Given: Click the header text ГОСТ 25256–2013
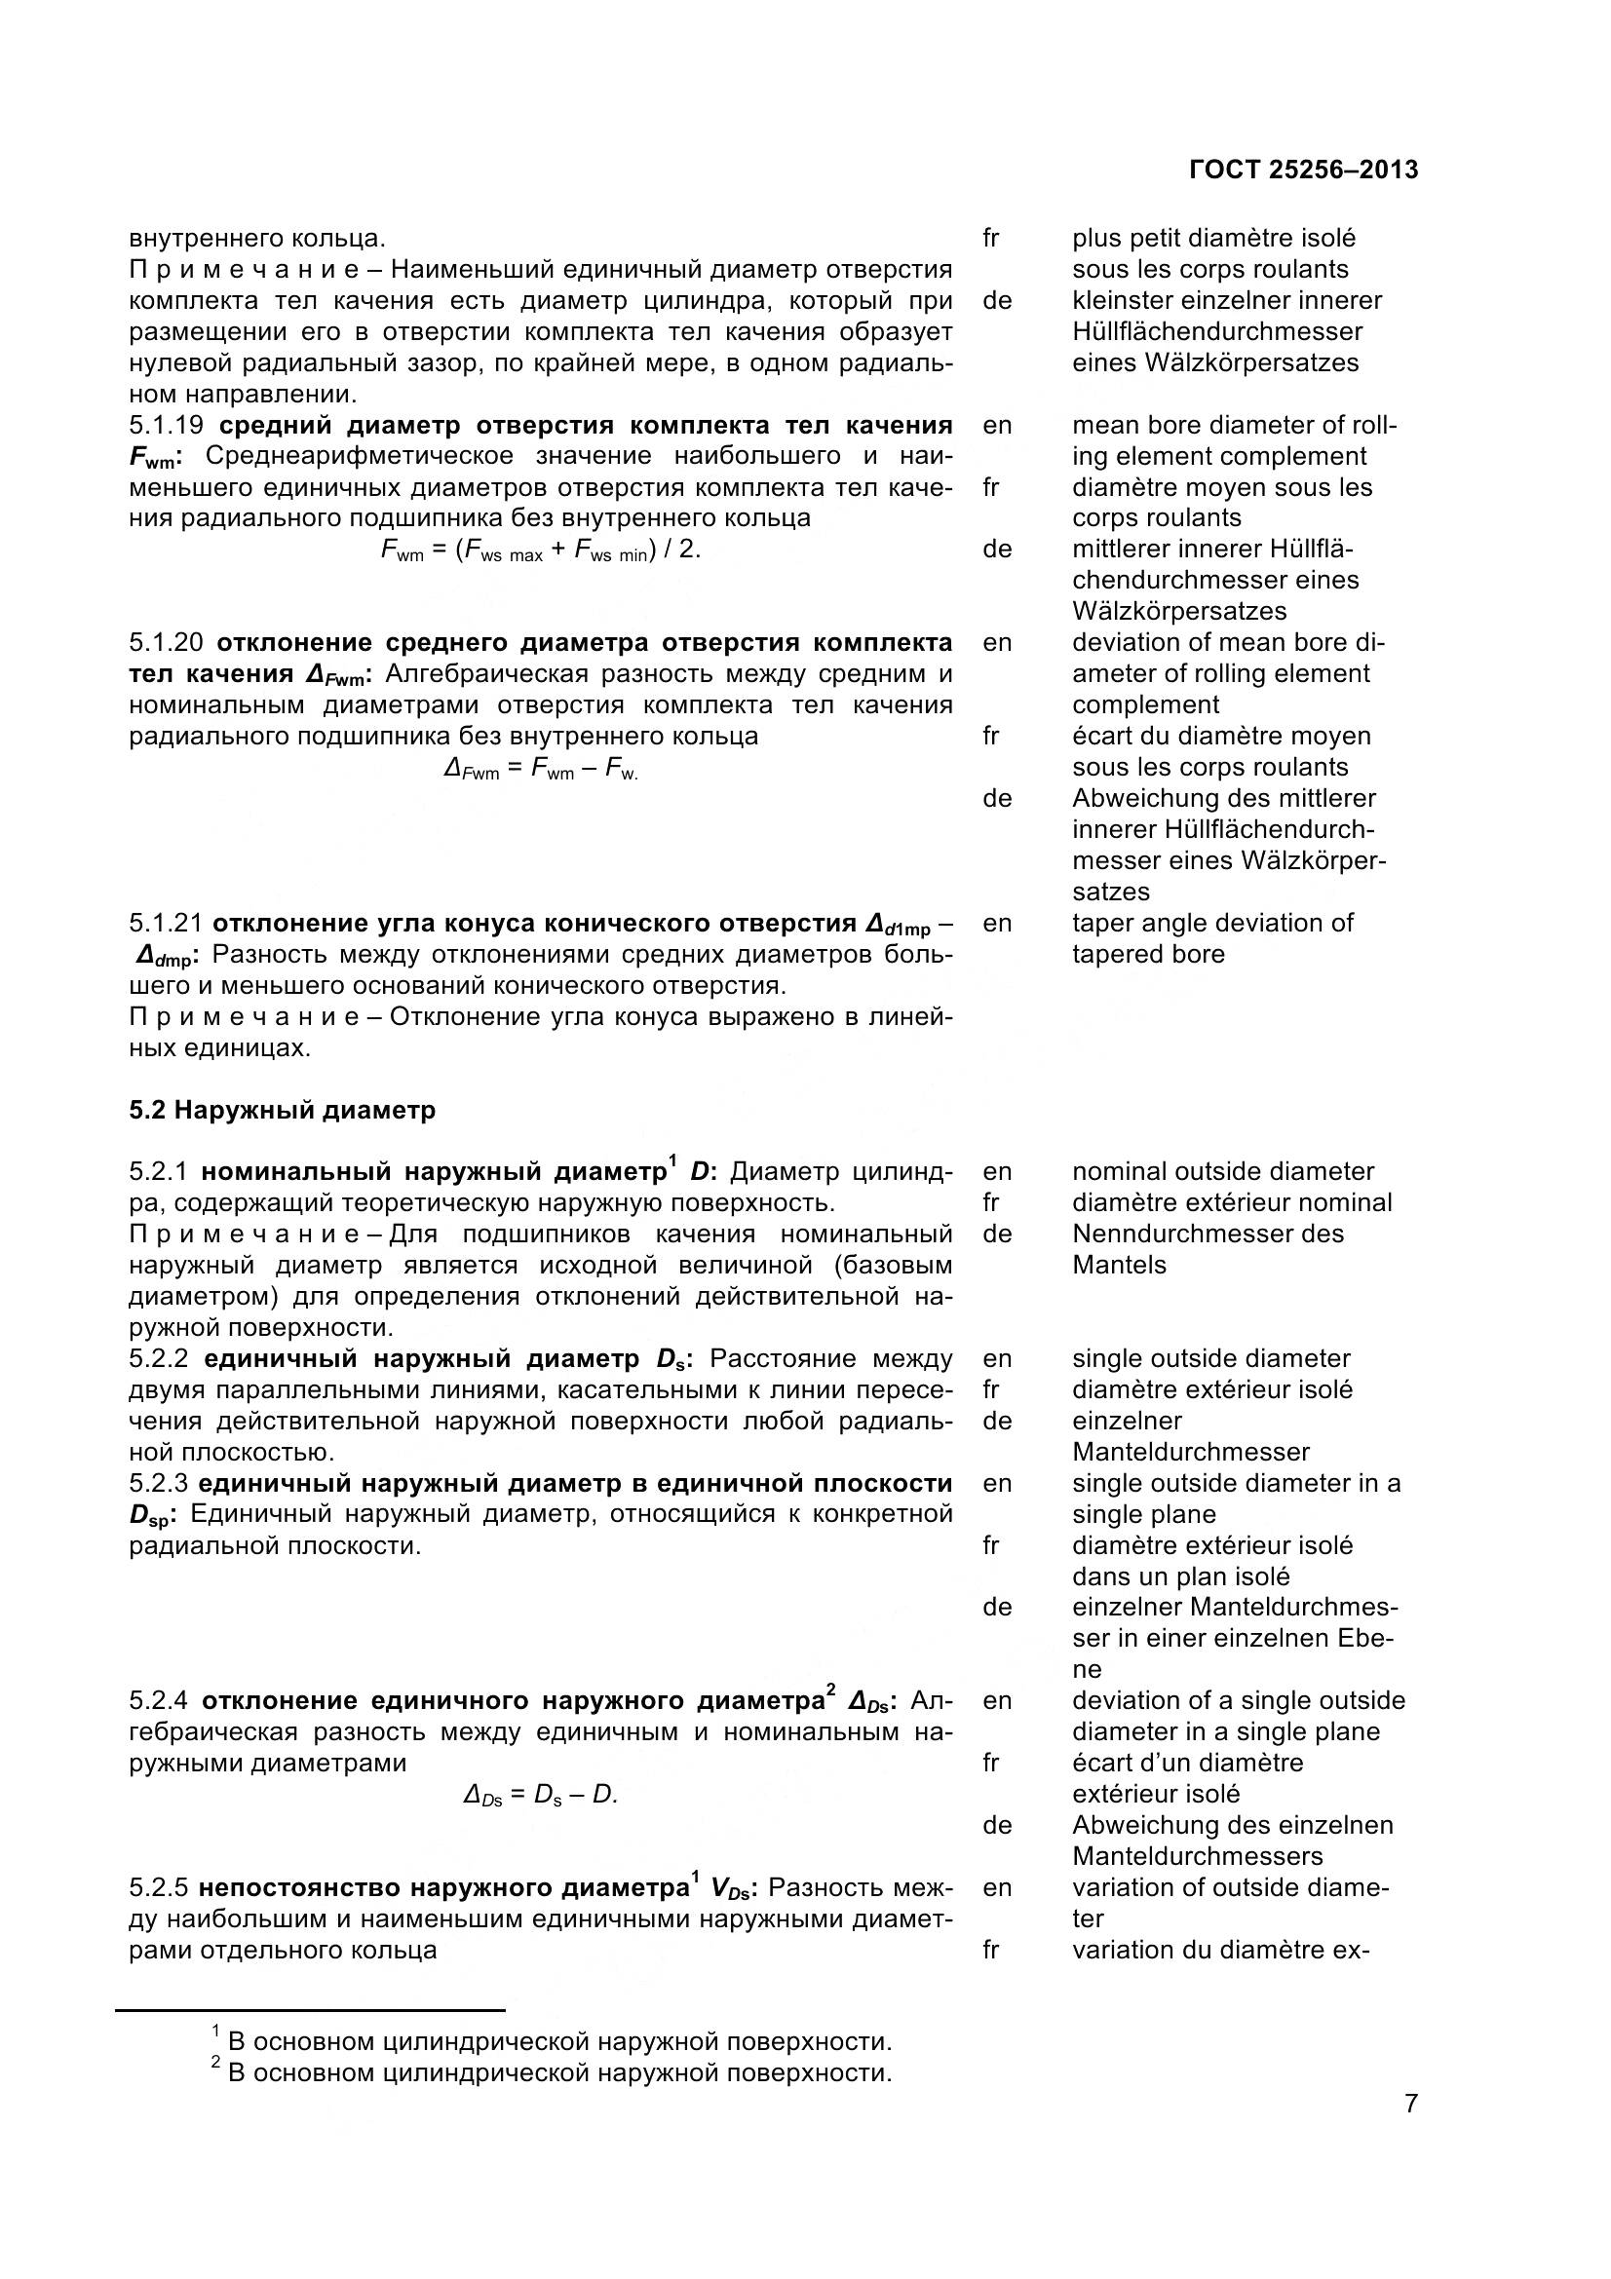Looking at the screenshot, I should pyautogui.click(x=1302, y=171).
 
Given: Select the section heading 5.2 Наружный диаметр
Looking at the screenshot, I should pyautogui.click(x=282, y=1110).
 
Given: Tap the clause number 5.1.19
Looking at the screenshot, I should pyautogui.click(x=166, y=426).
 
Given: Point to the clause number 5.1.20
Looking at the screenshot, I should pyautogui.click(x=166, y=642).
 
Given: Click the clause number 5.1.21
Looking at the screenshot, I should pyautogui.click(x=166, y=923).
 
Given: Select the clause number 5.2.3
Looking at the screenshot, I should pyautogui.click(x=160, y=1484).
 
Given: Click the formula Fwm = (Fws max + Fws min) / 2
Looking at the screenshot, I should pyautogui.click(x=541, y=551).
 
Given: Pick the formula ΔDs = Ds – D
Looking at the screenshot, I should pyautogui.click(x=541, y=1795).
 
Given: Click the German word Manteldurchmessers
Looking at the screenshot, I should pyautogui.click(x=1197, y=1856).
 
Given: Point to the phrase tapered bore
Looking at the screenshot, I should pyautogui.click(x=1147, y=955).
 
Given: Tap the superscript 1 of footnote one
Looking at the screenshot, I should pyautogui.click(x=215, y=2032).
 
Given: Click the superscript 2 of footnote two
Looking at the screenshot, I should pyautogui.click(x=215, y=2063).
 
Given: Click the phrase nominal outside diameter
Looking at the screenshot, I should pyautogui.click(x=1222, y=1171).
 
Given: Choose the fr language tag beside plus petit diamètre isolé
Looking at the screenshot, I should pyautogui.click(x=990, y=238).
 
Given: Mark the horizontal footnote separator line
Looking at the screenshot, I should pyautogui.click(x=311, y=2010).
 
